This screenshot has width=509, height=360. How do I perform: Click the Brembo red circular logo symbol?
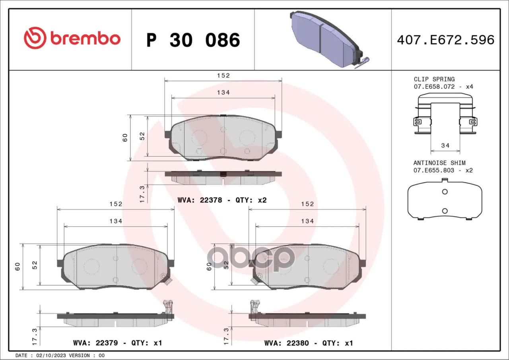(x=35, y=38)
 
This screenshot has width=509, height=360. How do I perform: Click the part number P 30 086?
(x=193, y=40)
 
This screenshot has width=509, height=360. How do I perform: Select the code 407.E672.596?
(x=446, y=40)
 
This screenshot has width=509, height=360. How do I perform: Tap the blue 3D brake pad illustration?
(x=328, y=39)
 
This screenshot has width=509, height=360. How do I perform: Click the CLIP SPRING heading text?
(x=434, y=79)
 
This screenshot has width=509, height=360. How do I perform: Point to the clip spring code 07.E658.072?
(x=434, y=87)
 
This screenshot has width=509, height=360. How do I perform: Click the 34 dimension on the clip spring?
(x=445, y=145)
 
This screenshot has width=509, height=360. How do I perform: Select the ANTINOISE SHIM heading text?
(x=439, y=163)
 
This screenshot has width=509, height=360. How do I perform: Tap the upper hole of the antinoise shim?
(x=445, y=192)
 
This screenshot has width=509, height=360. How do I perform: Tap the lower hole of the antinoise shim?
(x=445, y=211)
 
